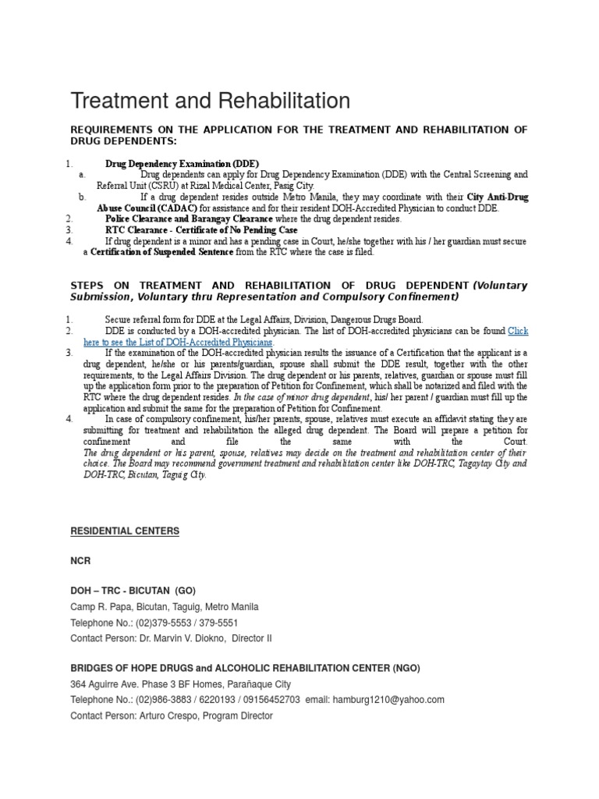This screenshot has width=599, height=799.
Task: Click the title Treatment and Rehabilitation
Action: pyautogui.click(x=210, y=101)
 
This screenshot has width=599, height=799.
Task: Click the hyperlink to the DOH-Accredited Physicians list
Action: pyautogui.click(x=179, y=342)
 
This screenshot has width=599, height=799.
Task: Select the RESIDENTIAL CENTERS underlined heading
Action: pyautogui.click(x=125, y=531)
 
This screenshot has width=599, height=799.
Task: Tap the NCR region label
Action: pyautogui.click(x=80, y=560)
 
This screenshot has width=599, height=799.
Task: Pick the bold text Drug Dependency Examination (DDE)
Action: pyautogui.click(x=171, y=164)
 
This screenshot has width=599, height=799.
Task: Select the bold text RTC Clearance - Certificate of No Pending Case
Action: pyautogui.click(x=200, y=230)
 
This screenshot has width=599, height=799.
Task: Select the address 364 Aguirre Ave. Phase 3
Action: pyautogui.click(x=134, y=684)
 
